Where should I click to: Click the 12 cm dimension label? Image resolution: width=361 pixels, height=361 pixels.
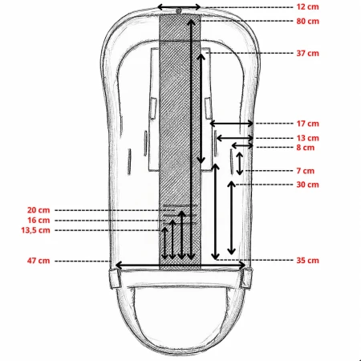(x=307, y=6)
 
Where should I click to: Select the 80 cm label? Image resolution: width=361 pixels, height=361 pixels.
(x=307, y=21)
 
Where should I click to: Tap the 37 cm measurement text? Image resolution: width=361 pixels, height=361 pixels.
(x=307, y=53)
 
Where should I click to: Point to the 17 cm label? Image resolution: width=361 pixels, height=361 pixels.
(x=307, y=124)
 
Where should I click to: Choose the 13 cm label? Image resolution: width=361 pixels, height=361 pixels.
(x=307, y=138)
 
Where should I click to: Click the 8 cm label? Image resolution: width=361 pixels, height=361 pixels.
(x=306, y=148)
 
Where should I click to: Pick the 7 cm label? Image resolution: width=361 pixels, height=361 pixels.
(x=306, y=171)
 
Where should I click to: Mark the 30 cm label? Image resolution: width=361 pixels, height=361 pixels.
(x=307, y=185)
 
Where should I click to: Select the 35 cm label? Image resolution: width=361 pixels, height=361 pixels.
(x=307, y=260)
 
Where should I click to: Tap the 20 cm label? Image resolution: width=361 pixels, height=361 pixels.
(x=39, y=210)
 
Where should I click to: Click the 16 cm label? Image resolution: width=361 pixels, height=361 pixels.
(x=39, y=220)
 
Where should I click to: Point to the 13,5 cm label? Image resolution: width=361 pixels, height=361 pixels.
(x=35, y=230)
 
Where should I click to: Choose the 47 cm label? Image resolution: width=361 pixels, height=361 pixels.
(x=39, y=261)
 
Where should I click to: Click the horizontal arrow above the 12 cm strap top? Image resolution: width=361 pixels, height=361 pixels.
(x=179, y=7)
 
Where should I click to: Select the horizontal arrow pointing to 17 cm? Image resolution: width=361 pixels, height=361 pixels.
(x=232, y=124)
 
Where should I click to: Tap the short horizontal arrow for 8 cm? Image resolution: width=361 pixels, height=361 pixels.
(x=242, y=146)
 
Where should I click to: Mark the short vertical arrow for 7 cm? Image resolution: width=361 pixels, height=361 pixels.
(x=240, y=164)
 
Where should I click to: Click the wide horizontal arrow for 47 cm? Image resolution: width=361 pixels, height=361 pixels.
(x=180, y=266)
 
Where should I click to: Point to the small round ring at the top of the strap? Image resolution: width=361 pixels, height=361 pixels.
(x=179, y=11)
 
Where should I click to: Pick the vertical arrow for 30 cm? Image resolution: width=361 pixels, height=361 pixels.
(x=232, y=217)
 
